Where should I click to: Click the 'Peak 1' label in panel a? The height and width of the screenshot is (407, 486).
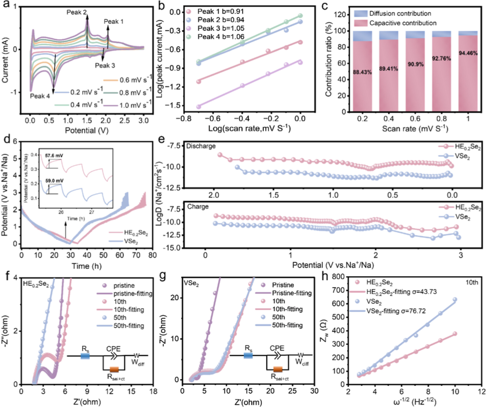tap(113, 21)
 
